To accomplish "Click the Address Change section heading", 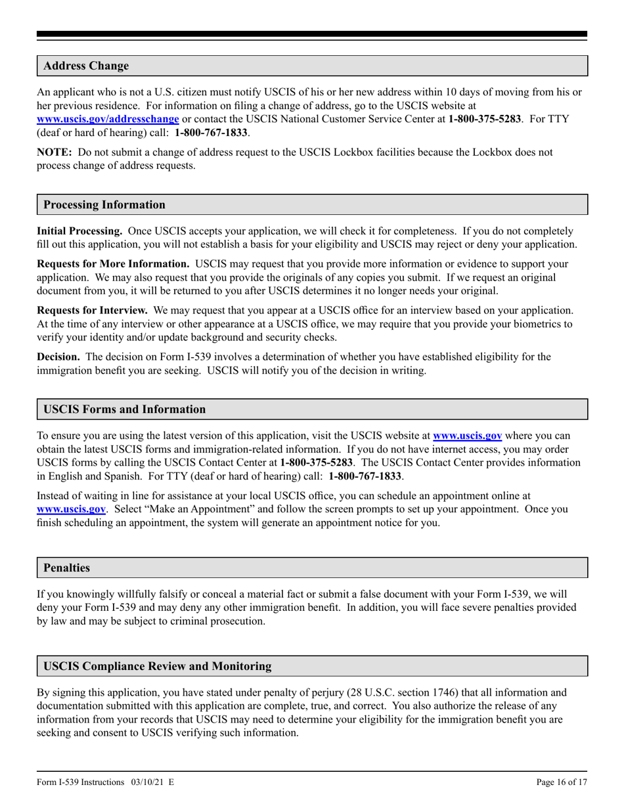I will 86,66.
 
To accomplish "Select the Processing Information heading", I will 104,204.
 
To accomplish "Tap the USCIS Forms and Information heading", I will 124,409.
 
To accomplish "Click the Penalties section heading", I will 66,567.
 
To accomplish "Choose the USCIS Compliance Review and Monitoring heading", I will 157,666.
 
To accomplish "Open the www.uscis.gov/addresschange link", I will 108,119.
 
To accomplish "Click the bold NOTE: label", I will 55,152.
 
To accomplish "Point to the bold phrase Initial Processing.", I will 79,231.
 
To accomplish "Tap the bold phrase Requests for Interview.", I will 92,310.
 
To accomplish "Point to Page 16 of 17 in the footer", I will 562,782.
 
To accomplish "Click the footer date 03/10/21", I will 145,782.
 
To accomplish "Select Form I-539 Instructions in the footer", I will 81,782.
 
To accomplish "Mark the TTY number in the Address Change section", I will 211,132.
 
